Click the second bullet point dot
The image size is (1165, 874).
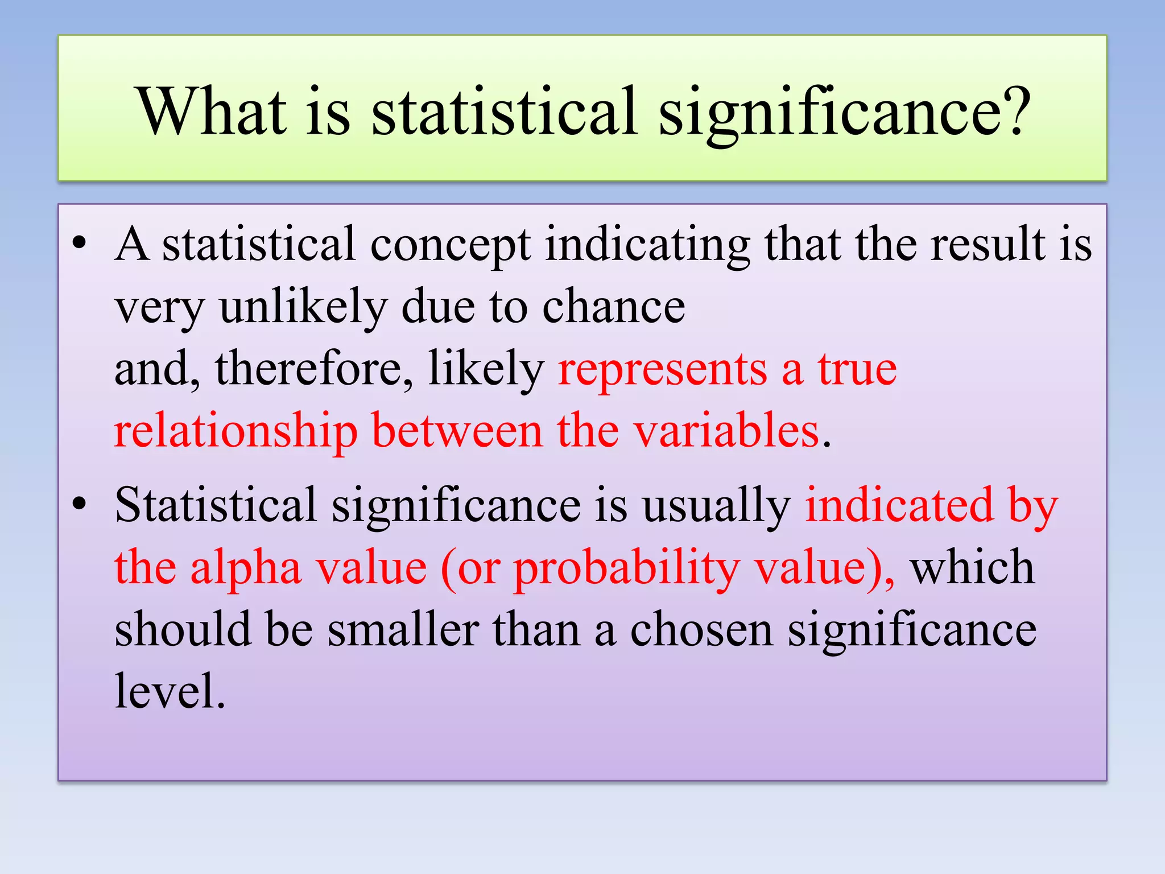click(79, 504)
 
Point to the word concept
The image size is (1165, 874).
click(450, 245)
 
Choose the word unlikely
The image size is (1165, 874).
click(303, 307)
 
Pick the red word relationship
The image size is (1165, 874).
click(236, 431)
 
